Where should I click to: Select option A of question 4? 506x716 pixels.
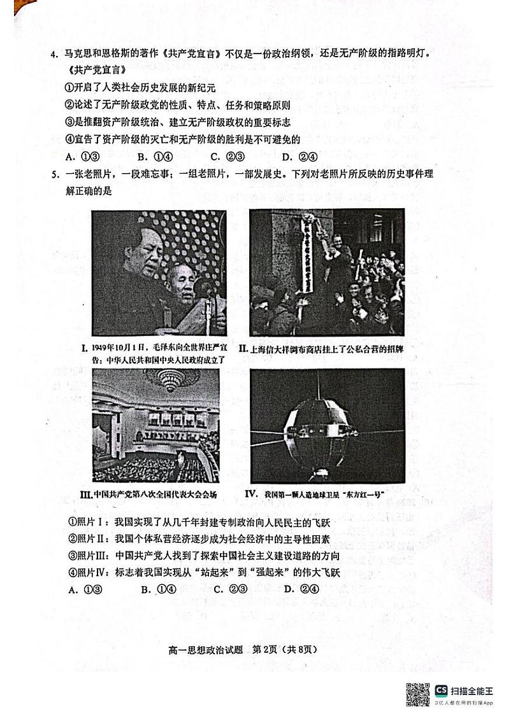pyautogui.click(x=80, y=157)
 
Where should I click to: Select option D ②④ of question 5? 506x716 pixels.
pyautogui.click(x=301, y=589)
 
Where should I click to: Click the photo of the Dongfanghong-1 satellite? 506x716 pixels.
pyautogui.click(x=327, y=425)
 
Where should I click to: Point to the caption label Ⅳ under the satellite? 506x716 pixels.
pyautogui.click(x=250, y=493)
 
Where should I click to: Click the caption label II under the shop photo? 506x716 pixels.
pyautogui.click(x=243, y=349)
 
